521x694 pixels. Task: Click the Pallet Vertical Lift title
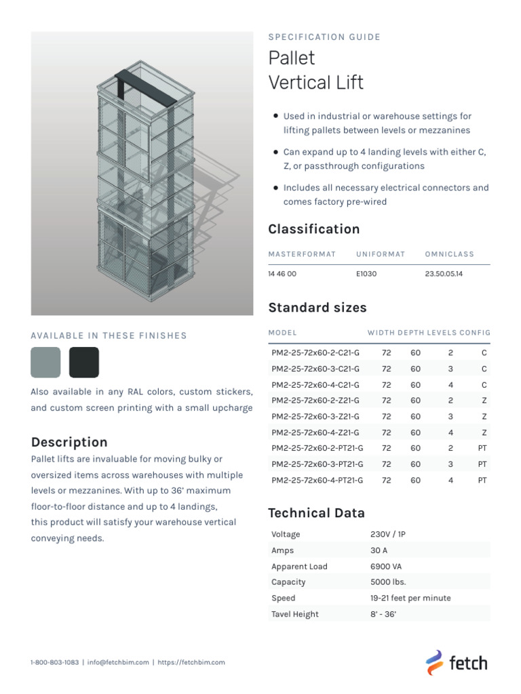coord(316,70)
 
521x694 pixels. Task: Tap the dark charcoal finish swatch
coord(84,362)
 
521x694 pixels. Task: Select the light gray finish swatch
coord(45,362)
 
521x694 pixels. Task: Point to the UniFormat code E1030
coord(366,274)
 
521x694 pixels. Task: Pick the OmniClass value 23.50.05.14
coord(443,274)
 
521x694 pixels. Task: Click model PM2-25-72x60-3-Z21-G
coord(315,416)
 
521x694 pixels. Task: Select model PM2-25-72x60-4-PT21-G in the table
coord(317,480)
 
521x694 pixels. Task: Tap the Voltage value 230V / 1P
coord(388,534)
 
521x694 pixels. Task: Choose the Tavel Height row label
coord(294,614)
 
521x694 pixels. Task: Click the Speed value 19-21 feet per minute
coord(410,598)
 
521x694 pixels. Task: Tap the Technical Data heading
coord(316,513)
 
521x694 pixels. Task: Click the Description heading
coord(69,443)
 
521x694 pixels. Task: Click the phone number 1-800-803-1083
coord(54,662)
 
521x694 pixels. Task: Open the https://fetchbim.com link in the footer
coord(191,662)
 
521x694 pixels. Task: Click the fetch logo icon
coord(434,661)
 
